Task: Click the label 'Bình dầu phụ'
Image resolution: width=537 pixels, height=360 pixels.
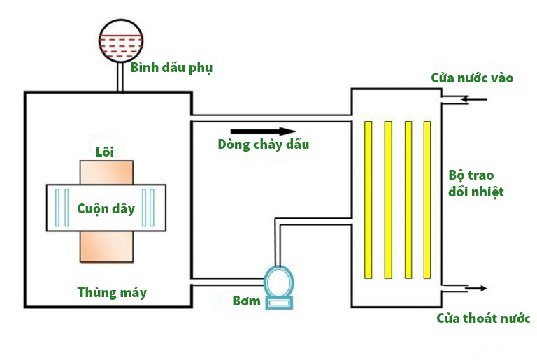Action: coord(171,68)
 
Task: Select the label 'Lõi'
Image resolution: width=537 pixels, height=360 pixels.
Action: coord(104,152)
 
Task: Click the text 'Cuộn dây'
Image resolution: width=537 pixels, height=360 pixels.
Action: coord(106,208)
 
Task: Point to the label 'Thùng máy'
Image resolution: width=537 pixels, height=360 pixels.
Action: coord(112,292)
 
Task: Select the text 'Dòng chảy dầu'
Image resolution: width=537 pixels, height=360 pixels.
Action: coord(263,145)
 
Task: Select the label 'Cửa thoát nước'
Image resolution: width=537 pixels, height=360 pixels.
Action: coord(483,319)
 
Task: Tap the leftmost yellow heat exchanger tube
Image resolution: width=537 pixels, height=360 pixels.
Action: coord(368,199)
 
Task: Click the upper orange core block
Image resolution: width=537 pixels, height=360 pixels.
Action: coord(106,173)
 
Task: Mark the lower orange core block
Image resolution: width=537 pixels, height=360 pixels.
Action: coord(106,246)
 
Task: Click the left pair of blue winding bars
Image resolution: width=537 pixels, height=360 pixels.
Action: coord(62,208)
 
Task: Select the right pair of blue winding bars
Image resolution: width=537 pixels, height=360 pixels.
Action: coord(148,208)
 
